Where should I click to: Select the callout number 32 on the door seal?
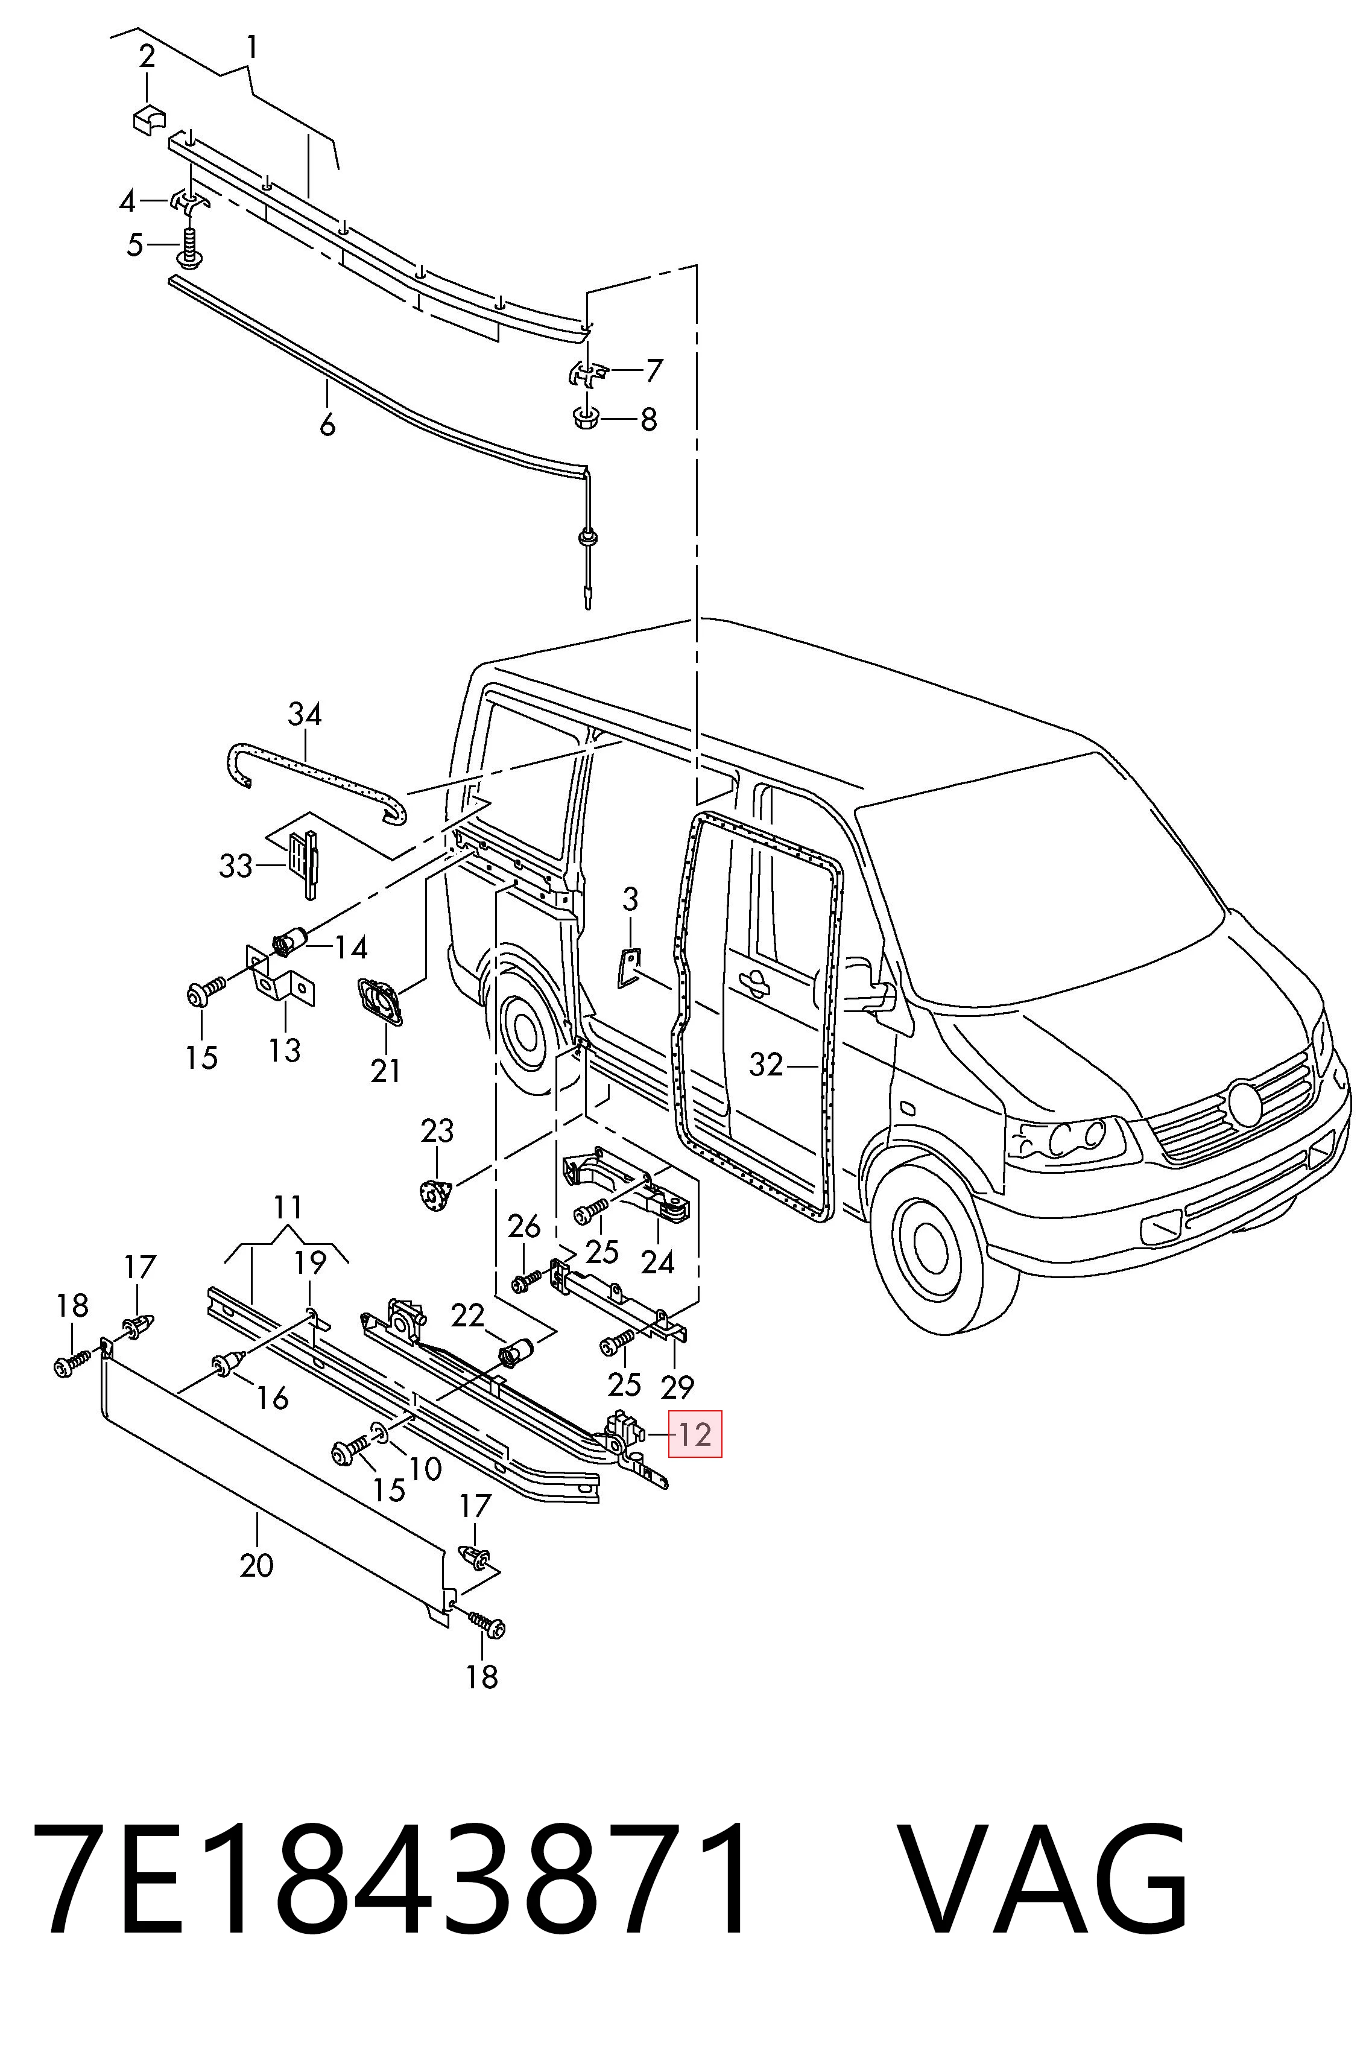[767, 1064]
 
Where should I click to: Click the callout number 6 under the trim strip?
[327, 425]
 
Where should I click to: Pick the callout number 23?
[437, 1131]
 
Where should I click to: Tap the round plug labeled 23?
[434, 1193]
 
